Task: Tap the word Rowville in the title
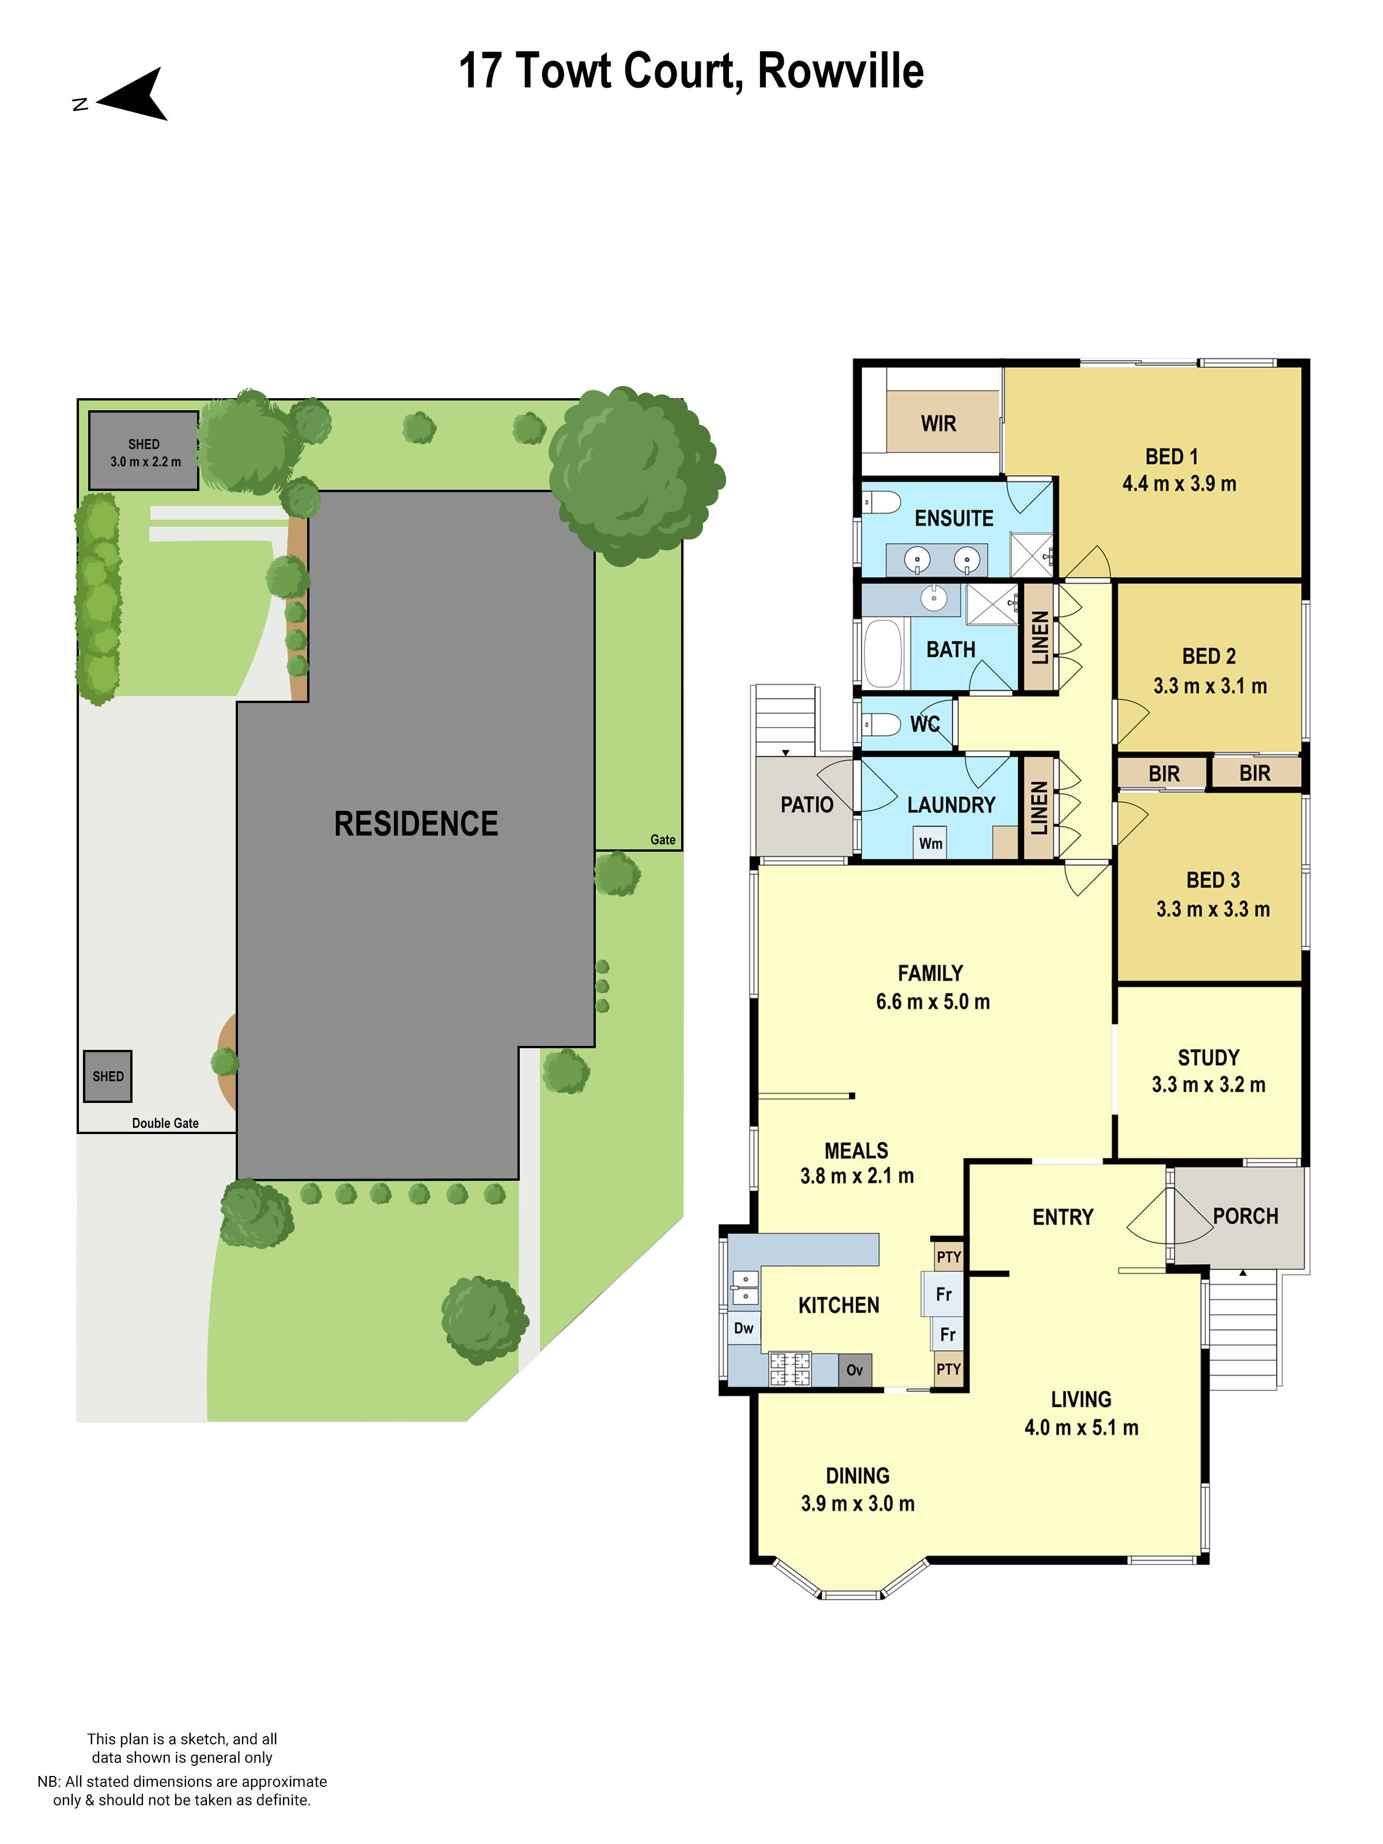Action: (x=840, y=71)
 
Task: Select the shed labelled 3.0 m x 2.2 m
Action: (x=143, y=450)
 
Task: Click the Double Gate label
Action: (x=165, y=1123)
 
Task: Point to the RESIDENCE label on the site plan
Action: (x=416, y=823)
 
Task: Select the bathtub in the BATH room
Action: (x=883, y=653)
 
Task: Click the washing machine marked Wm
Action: (x=930, y=843)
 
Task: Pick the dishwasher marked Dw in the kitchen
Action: (x=743, y=1328)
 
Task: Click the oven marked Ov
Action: (x=855, y=1370)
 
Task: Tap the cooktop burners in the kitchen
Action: (x=789, y=1368)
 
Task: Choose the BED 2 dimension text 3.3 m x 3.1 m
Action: (x=1210, y=686)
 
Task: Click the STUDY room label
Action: (x=1208, y=1057)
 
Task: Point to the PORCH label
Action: (x=1245, y=1216)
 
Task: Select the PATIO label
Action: (x=806, y=804)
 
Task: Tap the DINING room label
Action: (x=857, y=1476)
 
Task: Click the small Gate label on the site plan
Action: (x=663, y=840)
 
